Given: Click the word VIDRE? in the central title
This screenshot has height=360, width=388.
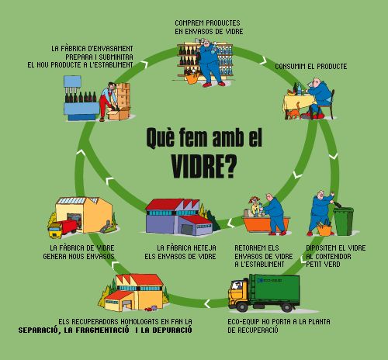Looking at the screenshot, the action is pyautogui.click(x=203, y=166).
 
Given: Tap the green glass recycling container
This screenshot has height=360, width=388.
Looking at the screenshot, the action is pyautogui.click(x=344, y=221).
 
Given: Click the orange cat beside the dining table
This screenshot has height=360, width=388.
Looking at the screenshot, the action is pyautogui.click(x=294, y=112).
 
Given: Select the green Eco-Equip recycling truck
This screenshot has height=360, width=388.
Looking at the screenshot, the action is pyautogui.click(x=265, y=292).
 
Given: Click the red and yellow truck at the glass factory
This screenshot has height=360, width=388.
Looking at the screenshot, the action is pyautogui.click(x=63, y=228).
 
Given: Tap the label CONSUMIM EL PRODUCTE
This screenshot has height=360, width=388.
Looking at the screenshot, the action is pyautogui.click(x=311, y=67).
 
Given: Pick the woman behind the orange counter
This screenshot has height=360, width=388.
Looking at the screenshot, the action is pyautogui.click(x=254, y=206).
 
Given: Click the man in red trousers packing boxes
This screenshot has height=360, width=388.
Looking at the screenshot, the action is pyautogui.click(x=108, y=102).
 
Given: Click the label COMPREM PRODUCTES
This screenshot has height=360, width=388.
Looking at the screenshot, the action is pyautogui.click(x=207, y=23).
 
